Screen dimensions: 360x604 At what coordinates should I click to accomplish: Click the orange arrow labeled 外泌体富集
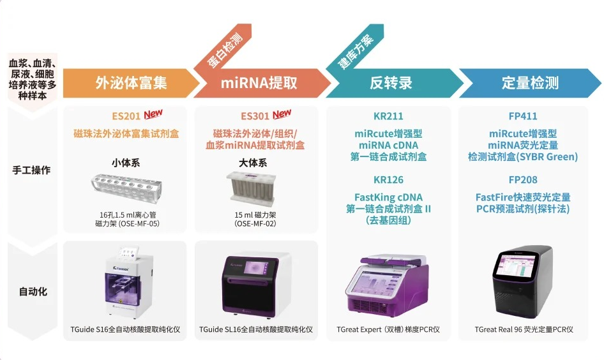coord(131,83)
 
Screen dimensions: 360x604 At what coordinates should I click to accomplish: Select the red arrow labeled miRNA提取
coord(259,83)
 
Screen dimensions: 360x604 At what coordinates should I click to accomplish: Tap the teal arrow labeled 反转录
coord(391,83)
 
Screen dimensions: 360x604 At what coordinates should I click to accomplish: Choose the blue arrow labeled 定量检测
coord(530,83)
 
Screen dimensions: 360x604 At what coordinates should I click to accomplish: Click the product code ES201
coord(126,116)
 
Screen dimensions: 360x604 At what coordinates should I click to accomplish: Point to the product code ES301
coord(255,116)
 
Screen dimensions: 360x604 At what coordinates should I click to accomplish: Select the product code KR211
coord(388,116)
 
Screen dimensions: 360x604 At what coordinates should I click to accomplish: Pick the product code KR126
coord(388,180)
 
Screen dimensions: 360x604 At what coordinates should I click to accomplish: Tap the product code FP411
coord(522,116)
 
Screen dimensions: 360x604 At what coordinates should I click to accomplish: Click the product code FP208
coord(522,180)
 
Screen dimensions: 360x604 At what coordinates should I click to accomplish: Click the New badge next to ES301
coord(282,114)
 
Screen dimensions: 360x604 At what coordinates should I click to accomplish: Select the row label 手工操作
coord(31,170)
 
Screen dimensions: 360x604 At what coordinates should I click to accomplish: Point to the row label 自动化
coord(31,292)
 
